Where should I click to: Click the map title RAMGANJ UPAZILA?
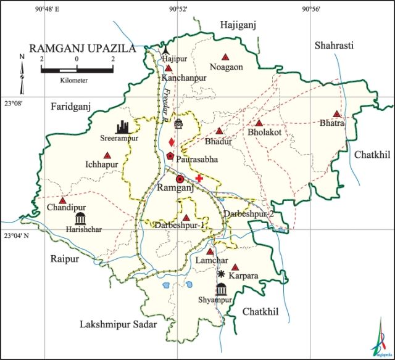tap(83, 48)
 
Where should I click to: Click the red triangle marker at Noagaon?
tap(225, 56)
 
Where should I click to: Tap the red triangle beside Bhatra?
tap(336, 114)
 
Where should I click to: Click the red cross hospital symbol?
tap(199, 178)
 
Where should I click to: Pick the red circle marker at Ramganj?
tap(180, 179)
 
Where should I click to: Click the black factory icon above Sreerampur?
tap(123, 127)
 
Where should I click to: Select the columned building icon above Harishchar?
tap(80, 218)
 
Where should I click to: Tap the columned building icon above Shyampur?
tap(221, 289)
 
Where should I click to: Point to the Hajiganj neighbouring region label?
tap(238, 24)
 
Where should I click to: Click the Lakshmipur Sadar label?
tap(118, 324)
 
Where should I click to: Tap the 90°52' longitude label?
tap(178, 9)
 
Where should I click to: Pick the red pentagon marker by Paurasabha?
tap(169, 156)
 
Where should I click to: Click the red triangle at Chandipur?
tap(62, 200)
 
